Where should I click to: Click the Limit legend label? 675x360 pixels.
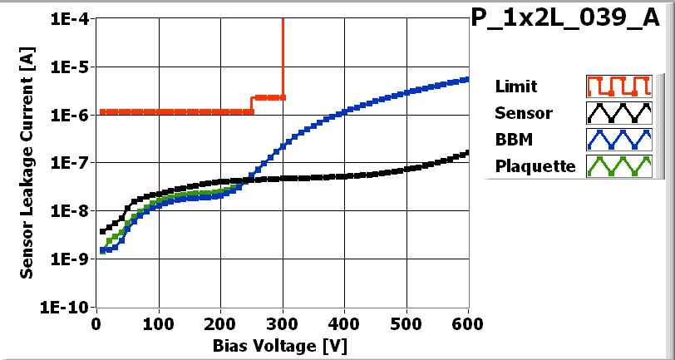click(x=515, y=86)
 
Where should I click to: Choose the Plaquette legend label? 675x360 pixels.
click(x=535, y=166)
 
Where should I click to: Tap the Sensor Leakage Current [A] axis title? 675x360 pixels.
click(x=27, y=162)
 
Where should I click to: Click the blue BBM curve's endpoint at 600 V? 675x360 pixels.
click(x=467, y=79)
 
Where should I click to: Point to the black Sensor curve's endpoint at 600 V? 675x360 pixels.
click(x=467, y=152)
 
